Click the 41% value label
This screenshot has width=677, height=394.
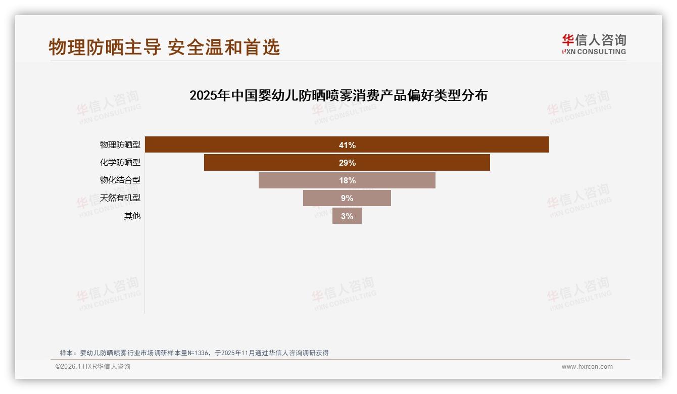click(347, 145)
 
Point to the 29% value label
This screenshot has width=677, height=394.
click(347, 163)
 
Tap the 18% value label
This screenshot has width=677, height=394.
click(347, 180)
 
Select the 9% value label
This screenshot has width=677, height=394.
click(347, 198)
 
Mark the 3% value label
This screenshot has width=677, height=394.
click(347, 216)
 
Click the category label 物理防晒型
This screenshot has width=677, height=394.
click(120, 145)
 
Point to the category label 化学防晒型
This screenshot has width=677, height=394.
click(120, 163)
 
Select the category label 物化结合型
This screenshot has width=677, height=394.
click(120, 180)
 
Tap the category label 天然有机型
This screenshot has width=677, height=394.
click(120, 198)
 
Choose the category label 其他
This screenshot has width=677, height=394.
click(132, 216)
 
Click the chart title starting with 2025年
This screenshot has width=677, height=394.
click(338, 95)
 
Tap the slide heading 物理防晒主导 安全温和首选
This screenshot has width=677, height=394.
click(164, 47)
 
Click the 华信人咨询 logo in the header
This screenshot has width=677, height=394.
click(594, 44)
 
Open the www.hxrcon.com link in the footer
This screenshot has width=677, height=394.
click(587, 367)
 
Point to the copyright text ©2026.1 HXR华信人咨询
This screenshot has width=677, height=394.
click(93, 367)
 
